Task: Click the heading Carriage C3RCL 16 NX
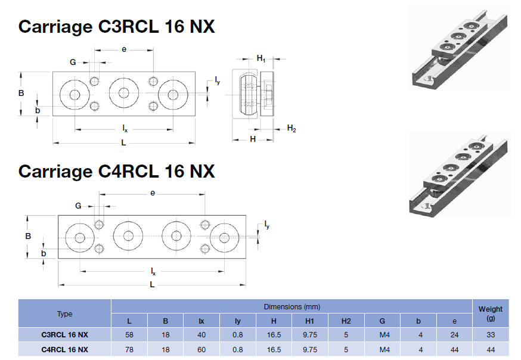[x=116, y=27]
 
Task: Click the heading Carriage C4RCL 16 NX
[x=116, y=171]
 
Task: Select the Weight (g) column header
[x=490, y=313]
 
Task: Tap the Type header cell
[x=64, y=314]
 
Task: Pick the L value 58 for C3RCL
[x=129, y=334]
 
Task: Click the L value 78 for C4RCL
[x=129, y=349]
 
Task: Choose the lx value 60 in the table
[x=201, y=349]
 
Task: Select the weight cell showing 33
[x=490, y=334]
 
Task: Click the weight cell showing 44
[x=490, y=349]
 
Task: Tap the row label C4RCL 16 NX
[x=64, y=349]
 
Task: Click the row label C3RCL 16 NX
[x=64, y=334]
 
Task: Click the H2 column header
[x=346, y=321]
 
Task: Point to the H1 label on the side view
[x=261, y=58]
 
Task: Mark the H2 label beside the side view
[x=291, y=128]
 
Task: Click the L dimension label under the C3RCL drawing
[x=123, y=143]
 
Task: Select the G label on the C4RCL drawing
[x=78, y=206]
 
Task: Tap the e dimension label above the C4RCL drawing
[x=153, y=193]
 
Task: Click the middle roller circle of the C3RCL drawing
[x=124, y=92]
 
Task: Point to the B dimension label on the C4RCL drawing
[x=27, y=236]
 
